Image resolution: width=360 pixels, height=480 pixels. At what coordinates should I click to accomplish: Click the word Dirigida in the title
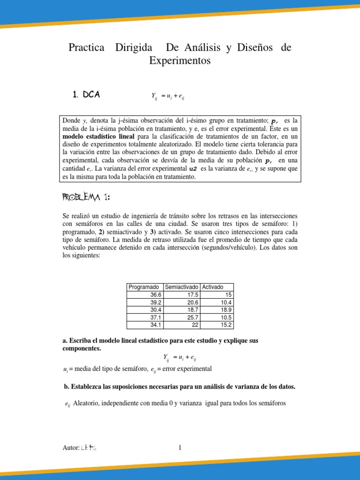coord(134,48)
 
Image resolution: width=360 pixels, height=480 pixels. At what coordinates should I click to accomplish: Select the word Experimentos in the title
coord(180,61)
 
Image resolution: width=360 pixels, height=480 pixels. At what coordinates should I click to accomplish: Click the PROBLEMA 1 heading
coord(86,197)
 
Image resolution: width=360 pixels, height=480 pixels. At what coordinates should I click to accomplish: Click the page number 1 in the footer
coord(180,448)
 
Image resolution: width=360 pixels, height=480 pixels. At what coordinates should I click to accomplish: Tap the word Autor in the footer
coord(71,448)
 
